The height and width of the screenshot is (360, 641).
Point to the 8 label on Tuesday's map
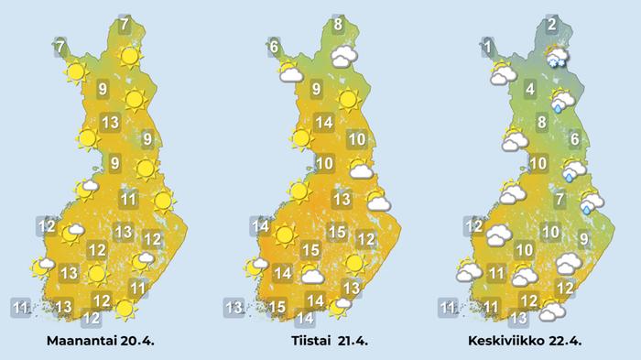click(338, 25)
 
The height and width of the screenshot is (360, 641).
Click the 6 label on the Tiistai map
click(274, 44)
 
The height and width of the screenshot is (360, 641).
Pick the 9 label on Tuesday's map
click(316, 89)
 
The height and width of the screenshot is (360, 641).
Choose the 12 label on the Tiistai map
click(365, 239)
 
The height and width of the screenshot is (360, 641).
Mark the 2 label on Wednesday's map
click(552, 25)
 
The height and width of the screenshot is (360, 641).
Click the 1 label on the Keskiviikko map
click(489, 44)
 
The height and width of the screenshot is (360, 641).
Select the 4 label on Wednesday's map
click(530, 89)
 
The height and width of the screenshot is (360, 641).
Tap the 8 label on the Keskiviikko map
click(542, 122)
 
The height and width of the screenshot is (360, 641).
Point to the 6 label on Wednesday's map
click(574, 140)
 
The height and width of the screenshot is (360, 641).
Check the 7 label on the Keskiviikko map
click(560, 199)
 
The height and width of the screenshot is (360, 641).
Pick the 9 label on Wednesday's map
click(583, 240)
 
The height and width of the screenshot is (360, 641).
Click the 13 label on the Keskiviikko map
click(518, 318)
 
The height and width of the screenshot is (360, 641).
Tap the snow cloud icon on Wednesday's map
click(556, 57)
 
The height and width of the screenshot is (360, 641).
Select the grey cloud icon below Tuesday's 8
click(343, 57)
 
